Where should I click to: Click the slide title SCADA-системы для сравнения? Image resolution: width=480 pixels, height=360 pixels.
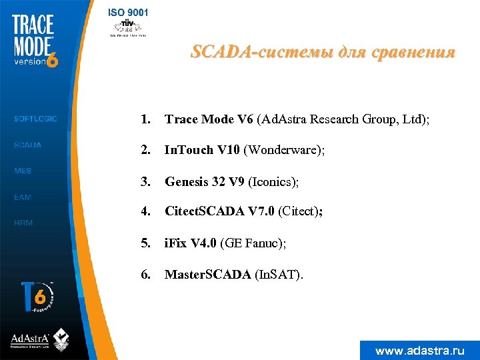coord(323,52)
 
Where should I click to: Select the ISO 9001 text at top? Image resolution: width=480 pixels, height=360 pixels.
coord(129,12)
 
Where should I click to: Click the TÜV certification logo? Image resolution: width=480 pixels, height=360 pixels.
coord(128,27)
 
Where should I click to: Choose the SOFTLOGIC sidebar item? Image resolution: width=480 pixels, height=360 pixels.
coord(35,119)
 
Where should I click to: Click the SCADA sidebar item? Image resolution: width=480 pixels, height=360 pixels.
coord(28,145)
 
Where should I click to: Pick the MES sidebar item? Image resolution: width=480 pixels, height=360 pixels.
coord(23,171)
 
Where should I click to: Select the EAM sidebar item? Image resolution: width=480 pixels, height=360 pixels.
coord(23,197)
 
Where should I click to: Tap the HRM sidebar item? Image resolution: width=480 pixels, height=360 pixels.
coord(23,223)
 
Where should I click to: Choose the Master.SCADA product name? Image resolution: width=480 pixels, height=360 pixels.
coord(208,274)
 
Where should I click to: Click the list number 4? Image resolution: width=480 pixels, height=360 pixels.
coord(145,212)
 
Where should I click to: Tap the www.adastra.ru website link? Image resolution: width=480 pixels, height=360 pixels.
coord(419,350)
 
